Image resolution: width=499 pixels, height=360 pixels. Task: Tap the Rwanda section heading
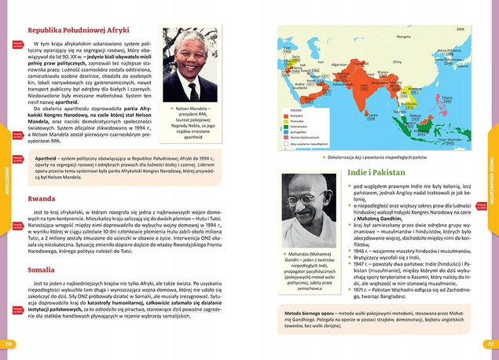point(40,199)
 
